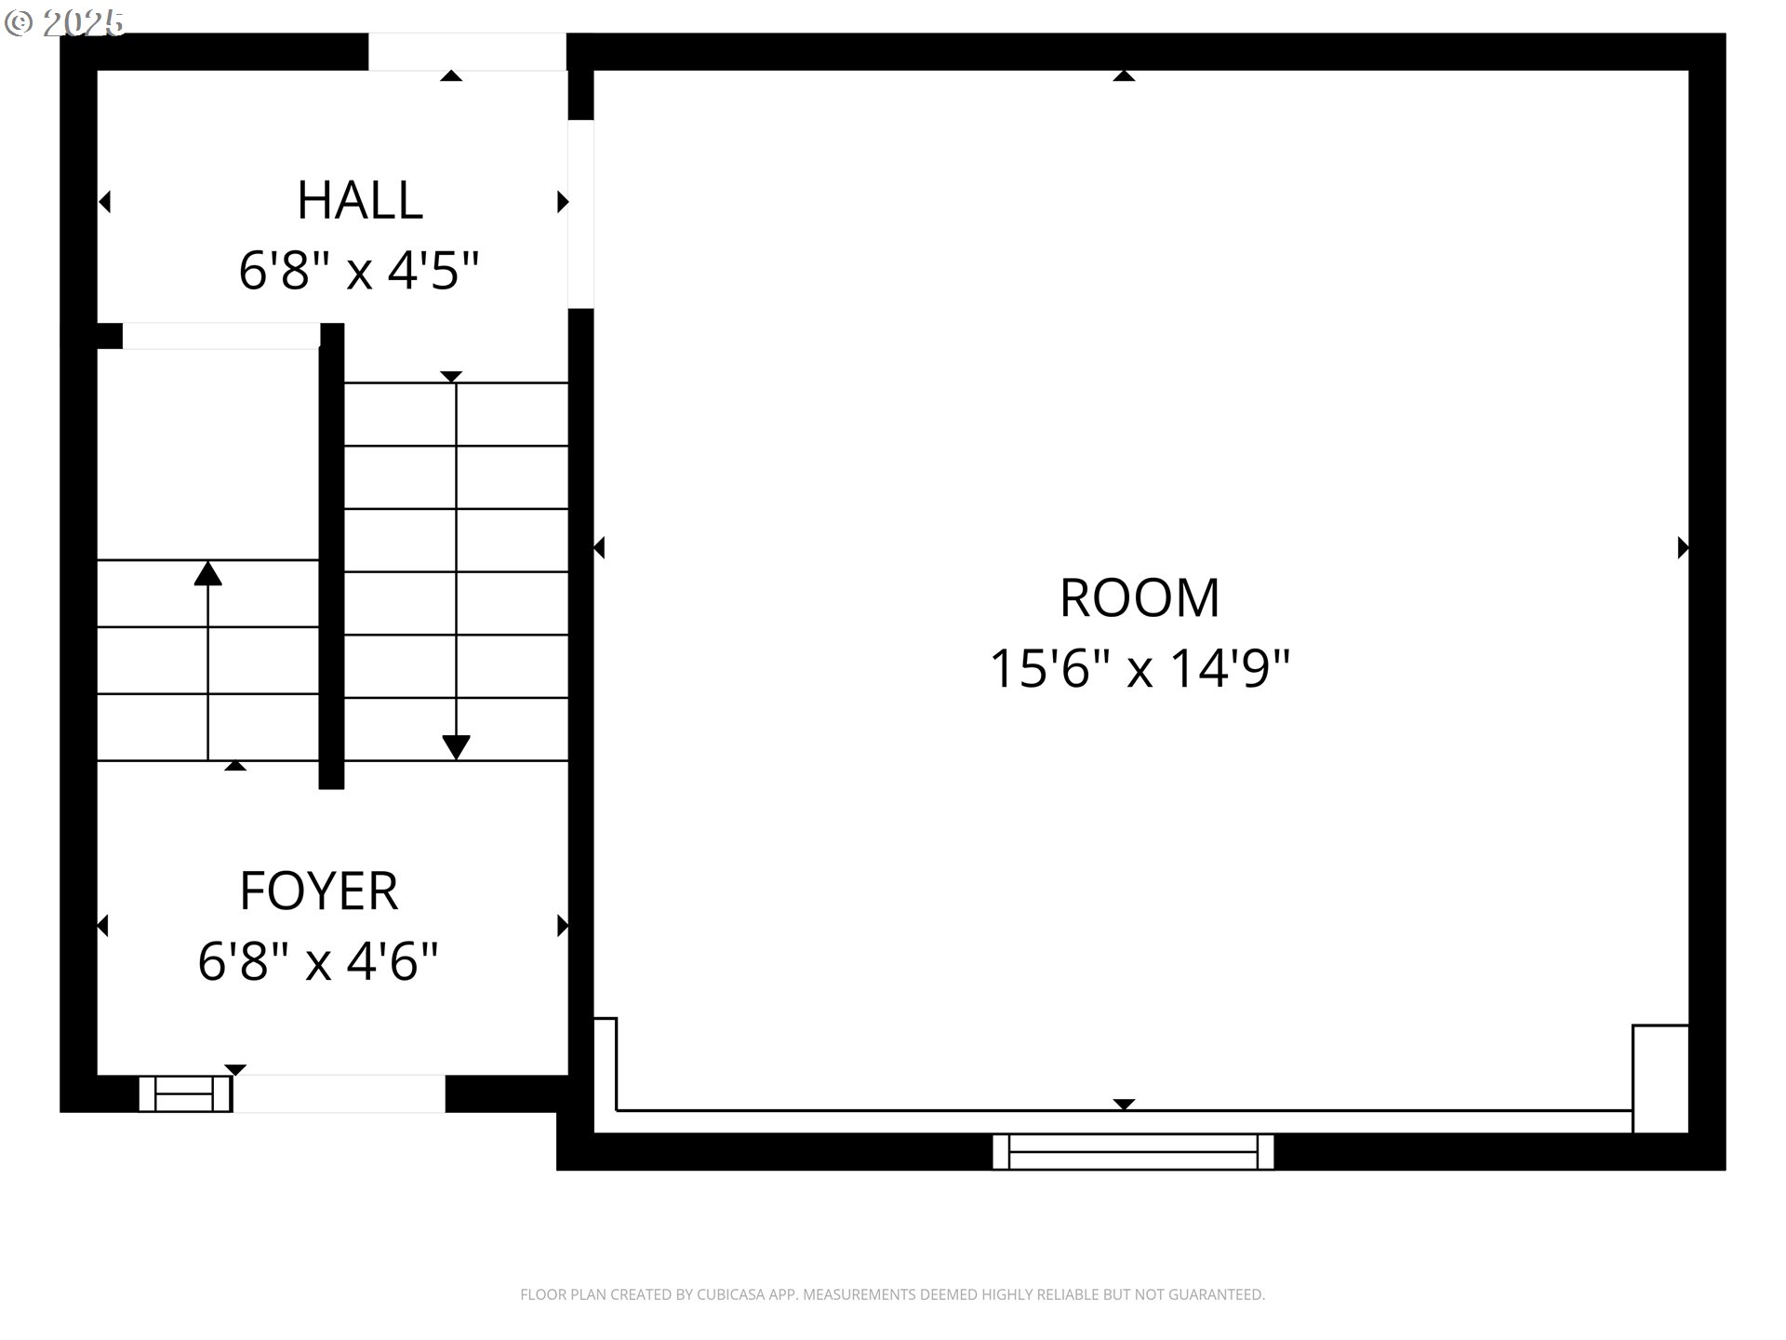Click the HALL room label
click(x=360, y=200)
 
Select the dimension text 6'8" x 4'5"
click(x=359, y=271)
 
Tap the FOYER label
click(x=319, y=891)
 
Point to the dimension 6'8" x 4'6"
click(x=318, y=961)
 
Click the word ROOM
click(x=1140, y=597)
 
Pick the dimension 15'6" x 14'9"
click(x=1140, y=668)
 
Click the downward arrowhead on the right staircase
click(x=456, y=746)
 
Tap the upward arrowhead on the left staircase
click(x=207, y=574)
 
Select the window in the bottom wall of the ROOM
click(x=1133, y=1151)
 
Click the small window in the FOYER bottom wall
click(x=184, y=1093)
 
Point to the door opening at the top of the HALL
click(x=467, y=52)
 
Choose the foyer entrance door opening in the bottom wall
click(x=339, y=1093)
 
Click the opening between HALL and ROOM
click(x=580, y=214)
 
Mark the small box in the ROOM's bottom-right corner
click(x=1659, y=1079)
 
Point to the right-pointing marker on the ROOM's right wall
click(x=1682, y=547)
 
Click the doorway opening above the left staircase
click(x=220, y=336)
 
